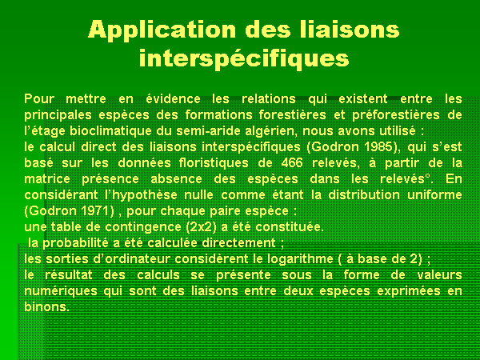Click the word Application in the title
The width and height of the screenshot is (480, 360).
tap(162, 30)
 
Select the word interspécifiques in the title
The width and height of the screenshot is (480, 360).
tap(244, 58)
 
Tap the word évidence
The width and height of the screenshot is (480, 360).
tap(174, 99)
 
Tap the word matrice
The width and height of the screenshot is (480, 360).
tap(47, 178)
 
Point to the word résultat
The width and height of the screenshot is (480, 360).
tap(68, 275)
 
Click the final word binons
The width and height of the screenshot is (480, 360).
tap(46, 307)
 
